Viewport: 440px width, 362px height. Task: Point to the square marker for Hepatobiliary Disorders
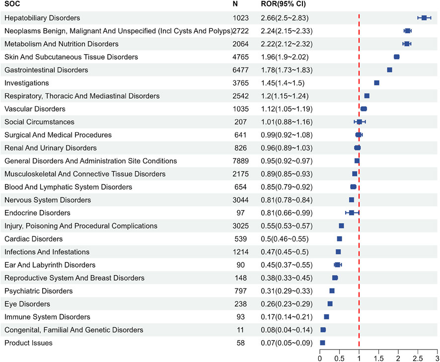click(424, 18)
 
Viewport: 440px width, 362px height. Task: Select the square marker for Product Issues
click(322, 343)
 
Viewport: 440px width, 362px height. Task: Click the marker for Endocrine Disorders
click(352, 213)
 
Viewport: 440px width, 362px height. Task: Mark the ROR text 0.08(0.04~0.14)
click(287, 330)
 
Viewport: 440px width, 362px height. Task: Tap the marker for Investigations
click(376, 83)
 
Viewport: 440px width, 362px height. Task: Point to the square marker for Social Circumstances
click(360, 122)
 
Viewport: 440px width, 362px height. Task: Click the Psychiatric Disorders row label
click(38, 291)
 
